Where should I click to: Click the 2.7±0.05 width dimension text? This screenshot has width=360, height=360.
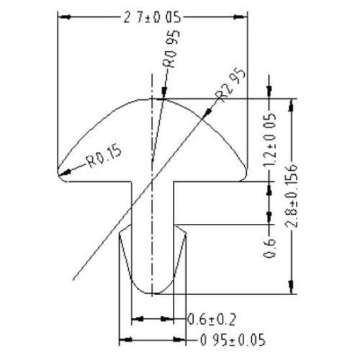tap(151, 18)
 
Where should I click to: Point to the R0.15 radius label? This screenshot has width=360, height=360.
tap(103, 157)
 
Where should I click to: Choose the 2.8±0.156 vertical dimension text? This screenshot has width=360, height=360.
tap(291, 194)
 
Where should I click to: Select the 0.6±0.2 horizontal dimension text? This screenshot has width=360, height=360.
tap(211, 319)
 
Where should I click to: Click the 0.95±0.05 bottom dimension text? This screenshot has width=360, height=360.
tap(226, 340)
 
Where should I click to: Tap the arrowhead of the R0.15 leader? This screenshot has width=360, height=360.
tap(59, 175)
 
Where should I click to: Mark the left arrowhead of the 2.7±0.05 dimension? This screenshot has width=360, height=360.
tap(61, 18)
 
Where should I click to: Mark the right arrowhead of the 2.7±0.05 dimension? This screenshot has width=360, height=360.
tap(249, 18)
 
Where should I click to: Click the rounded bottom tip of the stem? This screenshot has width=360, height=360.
tap(153, 293)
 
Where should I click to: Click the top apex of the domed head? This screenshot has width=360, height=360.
tap(153, 99)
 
